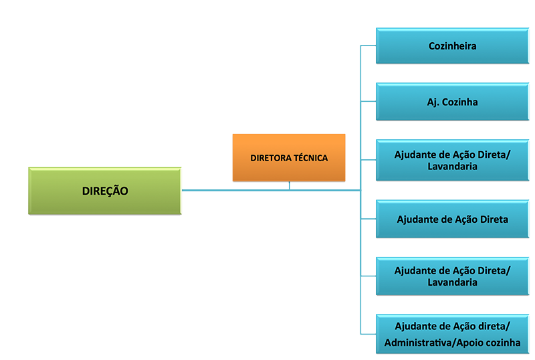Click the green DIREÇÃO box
105,191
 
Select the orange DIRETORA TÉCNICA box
289,158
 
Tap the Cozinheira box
452,46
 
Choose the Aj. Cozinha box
452,102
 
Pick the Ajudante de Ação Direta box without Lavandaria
452,219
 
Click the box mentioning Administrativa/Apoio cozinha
452,335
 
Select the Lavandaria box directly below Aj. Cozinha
452,161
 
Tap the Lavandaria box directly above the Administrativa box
452,276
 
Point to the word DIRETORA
272,159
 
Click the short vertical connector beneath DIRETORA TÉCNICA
290,185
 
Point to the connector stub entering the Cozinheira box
368,46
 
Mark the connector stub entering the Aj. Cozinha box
368,102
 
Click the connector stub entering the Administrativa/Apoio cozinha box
368,334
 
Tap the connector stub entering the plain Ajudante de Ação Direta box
368,219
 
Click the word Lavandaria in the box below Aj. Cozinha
452,167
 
